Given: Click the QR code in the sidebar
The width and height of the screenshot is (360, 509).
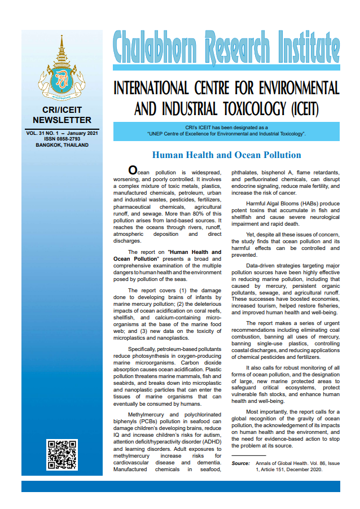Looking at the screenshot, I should pos(62,455).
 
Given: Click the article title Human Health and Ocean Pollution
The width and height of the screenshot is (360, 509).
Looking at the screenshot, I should pos(226,155).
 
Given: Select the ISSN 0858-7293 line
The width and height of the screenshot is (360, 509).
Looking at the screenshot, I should pos(62,139).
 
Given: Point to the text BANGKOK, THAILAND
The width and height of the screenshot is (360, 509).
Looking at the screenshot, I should pos(62,145).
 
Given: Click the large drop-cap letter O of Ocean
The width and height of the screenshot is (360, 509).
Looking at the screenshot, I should pos(133,170).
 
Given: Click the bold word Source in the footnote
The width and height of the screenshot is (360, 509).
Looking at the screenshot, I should pos(240,463).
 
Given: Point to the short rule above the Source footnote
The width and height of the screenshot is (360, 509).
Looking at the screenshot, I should pos(248,455).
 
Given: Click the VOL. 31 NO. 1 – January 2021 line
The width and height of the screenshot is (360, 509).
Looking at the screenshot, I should pos(62,133).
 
